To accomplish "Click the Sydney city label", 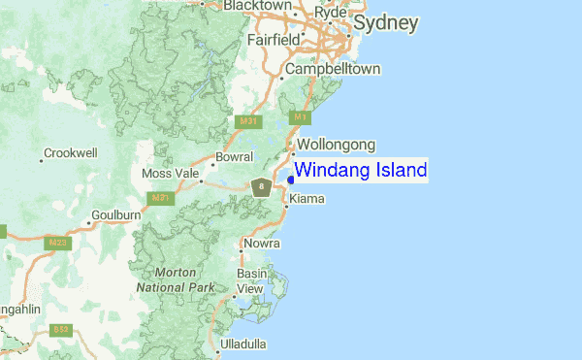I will coord(386,22).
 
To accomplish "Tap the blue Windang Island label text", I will coord(360,171).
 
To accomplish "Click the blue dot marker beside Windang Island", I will coord(290,179).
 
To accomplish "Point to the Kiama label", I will coord(307,199).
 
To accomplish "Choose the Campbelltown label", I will coord(333,70).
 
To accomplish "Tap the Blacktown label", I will coord(257,6).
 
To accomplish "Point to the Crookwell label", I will coord(71,153).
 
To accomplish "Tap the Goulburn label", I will coord(116,214).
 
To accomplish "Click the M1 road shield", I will coord(301,117).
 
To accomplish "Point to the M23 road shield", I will coord(59,243).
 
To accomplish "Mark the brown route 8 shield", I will coord(260,185).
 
